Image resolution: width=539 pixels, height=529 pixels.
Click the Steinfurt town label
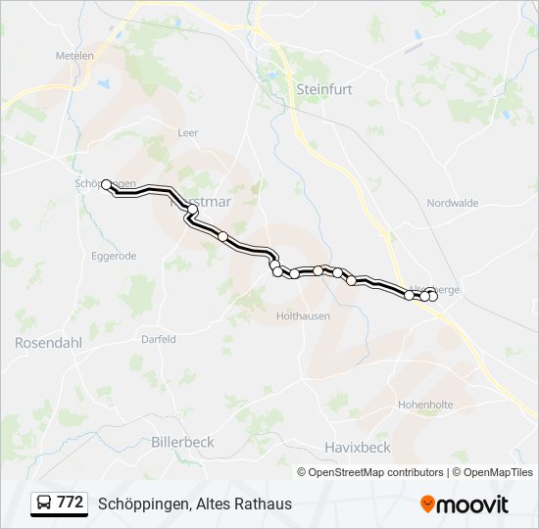[323, 88]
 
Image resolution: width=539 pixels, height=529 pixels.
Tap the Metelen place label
[74, 56]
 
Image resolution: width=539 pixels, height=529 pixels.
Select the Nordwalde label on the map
[452, 203]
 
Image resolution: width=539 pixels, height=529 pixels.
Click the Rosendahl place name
[45, 343]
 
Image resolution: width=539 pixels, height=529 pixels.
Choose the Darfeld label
[158, 339]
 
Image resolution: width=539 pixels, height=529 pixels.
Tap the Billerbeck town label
[182, 443]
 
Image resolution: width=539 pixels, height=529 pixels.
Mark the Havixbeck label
[357, 448]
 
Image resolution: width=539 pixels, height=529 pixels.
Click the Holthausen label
[303, 316]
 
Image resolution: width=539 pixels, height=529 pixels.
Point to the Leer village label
[188, 132]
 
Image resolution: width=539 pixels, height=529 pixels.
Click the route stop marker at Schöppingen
[106, 184]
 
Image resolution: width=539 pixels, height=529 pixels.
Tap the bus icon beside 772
[44, 504]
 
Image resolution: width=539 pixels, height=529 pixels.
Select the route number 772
[71, 503]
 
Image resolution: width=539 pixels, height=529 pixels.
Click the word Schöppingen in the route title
[143, 505]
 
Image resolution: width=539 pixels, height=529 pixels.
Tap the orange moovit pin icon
[428, 504]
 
